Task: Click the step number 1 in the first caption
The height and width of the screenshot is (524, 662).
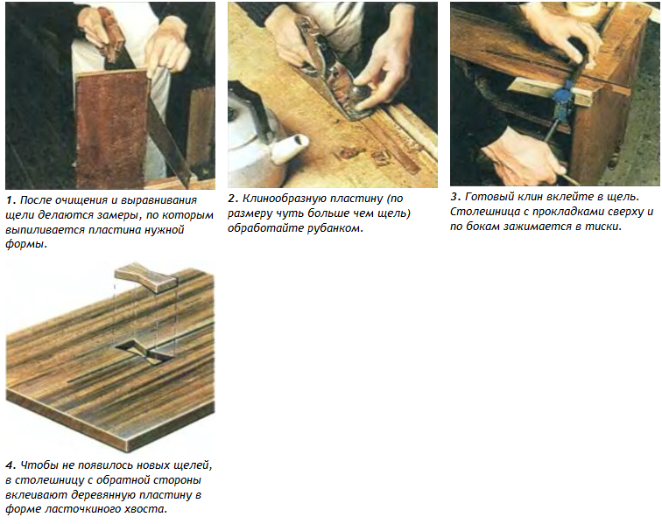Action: tap(11, 200)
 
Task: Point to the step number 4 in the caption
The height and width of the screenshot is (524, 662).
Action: tap(11, 465)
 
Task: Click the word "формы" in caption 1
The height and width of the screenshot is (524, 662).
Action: tap(25, 245)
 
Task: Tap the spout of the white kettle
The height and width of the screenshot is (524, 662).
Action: tap(291, 148)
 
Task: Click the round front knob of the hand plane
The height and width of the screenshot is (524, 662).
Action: tap(361, 91)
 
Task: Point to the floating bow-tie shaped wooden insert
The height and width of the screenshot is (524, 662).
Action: tap(146, 277)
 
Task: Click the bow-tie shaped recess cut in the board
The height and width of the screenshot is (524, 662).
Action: tap(144, 351)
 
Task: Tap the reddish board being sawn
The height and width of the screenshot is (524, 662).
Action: tap(113, 127)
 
